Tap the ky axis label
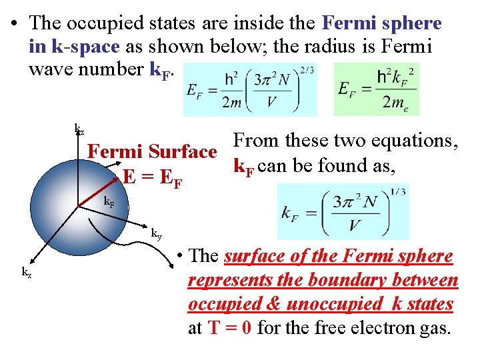coord(156,233)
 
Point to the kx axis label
coord(27,272)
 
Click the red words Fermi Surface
coord(153,152)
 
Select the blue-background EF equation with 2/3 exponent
coord(251,89)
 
